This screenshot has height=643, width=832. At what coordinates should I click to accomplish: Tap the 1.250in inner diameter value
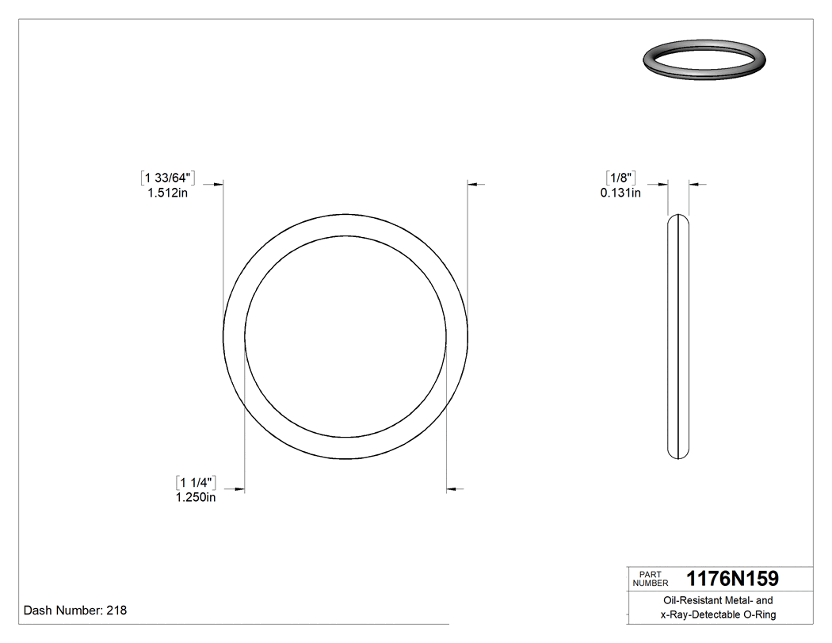pos(195,497)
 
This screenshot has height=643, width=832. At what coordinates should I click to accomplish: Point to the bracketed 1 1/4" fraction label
pos(196,482)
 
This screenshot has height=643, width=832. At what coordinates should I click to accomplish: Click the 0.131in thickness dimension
pos(620,192)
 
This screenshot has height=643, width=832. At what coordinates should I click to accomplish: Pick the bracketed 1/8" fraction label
pos(620,177)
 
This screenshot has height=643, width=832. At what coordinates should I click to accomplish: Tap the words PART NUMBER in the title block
pos(651,578)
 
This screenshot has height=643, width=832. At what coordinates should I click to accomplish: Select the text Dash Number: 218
pos(75,610)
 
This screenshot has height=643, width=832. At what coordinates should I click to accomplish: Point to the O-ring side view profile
pos(678,337)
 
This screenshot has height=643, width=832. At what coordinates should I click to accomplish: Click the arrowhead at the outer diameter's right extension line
pos(473,185)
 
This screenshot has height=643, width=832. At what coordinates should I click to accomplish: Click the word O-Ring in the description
pos(759,615)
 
